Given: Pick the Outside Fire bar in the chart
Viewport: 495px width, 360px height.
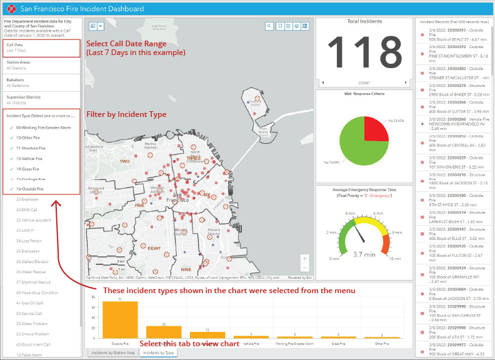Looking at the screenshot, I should pyautogui.click(x=120, y=319).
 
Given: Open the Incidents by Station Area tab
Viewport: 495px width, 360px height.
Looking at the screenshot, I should pyautogui.click(x=113, y=353).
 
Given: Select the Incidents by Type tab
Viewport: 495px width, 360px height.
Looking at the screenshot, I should pyautogui.click(x=159, y=353).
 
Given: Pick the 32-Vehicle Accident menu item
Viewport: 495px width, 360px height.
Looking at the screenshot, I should pyautogui.click(x=34, y=220).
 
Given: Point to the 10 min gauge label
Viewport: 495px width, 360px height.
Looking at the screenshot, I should pyautogui.click(x=394, y=257).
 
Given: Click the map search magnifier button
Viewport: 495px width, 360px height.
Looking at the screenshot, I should pyautogui.click(x=269, y=26).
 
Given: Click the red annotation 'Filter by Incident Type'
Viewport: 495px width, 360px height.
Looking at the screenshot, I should pyautogui.click(x=126, y=114).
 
